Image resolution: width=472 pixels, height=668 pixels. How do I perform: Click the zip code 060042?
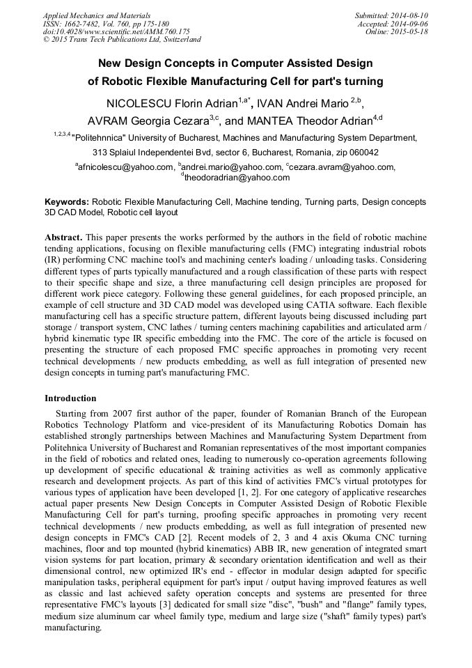pyautogui.click(x=363, y=152)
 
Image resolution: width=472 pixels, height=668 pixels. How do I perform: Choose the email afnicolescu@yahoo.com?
pyautogui.click(x=125, y=167)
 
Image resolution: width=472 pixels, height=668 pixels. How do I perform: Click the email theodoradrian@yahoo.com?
pyautogui.click(x=237, y=178)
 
